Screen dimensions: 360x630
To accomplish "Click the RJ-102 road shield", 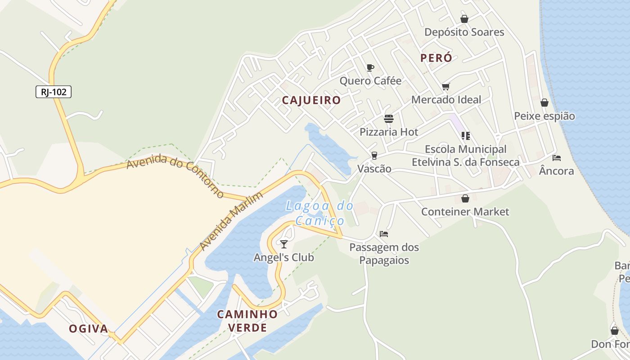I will click(x=54, y=92).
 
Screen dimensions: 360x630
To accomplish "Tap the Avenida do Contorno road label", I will click(x=175, y=175).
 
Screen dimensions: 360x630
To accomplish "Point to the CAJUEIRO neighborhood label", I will click(x=311, y=100).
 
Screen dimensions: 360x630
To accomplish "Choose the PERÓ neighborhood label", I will click(x=436, y=58).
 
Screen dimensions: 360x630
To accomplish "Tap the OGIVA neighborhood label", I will click(x=89, y=329).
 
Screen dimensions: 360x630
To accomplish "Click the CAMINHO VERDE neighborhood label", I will click(x=247, y=321).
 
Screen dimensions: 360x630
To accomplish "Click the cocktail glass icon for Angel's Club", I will click(x=284, y=244).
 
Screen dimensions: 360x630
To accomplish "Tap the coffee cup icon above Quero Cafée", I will click(x=370, y=67).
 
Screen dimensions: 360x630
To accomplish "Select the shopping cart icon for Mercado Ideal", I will click(x=446, y=86).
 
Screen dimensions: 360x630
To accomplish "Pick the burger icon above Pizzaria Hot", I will click(x=389, y=119).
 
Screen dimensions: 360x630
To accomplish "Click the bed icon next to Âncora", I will click(x=557, y=158).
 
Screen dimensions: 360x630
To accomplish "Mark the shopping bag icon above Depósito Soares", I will click(x=464, y=19).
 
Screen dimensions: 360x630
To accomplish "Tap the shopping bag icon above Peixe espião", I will click(x=544, y=103).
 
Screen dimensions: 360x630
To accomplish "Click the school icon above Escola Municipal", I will click(x=466, y=135).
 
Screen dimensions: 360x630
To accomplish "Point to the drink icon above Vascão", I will click(x=374, y=155).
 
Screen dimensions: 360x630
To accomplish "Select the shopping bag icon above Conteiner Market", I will click(x=465, y=198).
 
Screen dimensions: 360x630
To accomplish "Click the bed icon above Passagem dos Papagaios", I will click(x=384, y=234).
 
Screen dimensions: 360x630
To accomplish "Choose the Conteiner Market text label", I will click(x=465, y=211).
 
